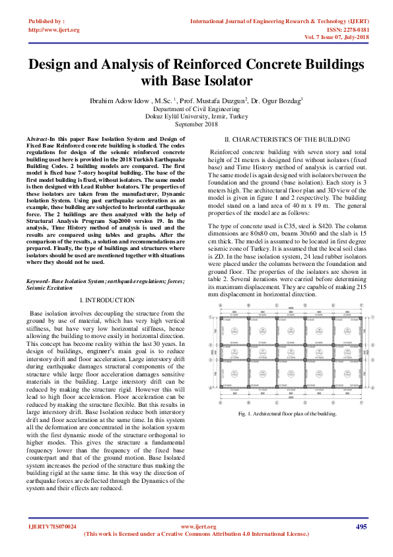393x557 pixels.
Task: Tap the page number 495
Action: click(361, 527)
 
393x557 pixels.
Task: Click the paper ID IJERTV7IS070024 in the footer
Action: click(52, 527)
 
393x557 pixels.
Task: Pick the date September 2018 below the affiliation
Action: click(196, 124)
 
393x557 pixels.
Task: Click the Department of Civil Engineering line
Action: click(196, 108)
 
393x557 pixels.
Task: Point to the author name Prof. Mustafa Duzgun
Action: click(215, 101)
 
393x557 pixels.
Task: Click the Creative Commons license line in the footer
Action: click(196, 533)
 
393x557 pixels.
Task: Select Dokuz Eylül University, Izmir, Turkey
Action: click(196, 116)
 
